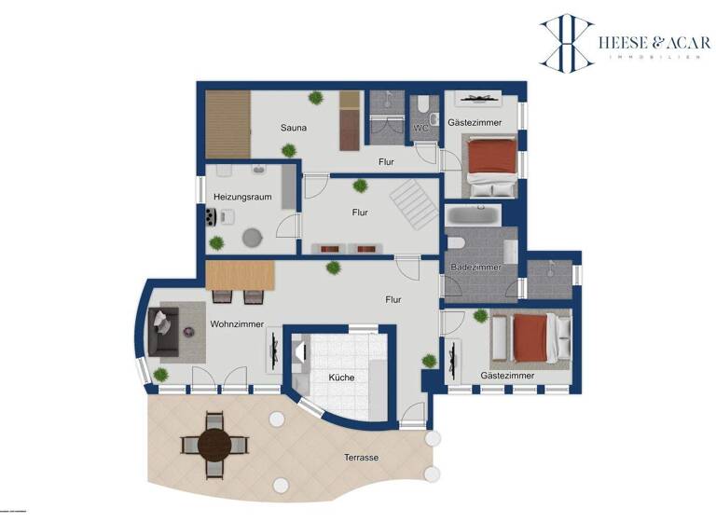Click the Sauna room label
click(x=296, y=128)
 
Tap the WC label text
click(x=420, y=128)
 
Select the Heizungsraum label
click(x=242, y=197)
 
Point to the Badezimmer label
click(x=475, y=268)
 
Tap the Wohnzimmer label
click(x=237, y=324)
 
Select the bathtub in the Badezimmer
click(x=474, y=216)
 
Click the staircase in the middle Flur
click(x=412, y=205)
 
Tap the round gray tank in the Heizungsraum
click(x=253, y=238)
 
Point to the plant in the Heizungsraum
click(x=217, y=242)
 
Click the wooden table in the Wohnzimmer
click(x=241, y=275)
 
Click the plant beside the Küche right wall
click(x=429, y=360)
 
